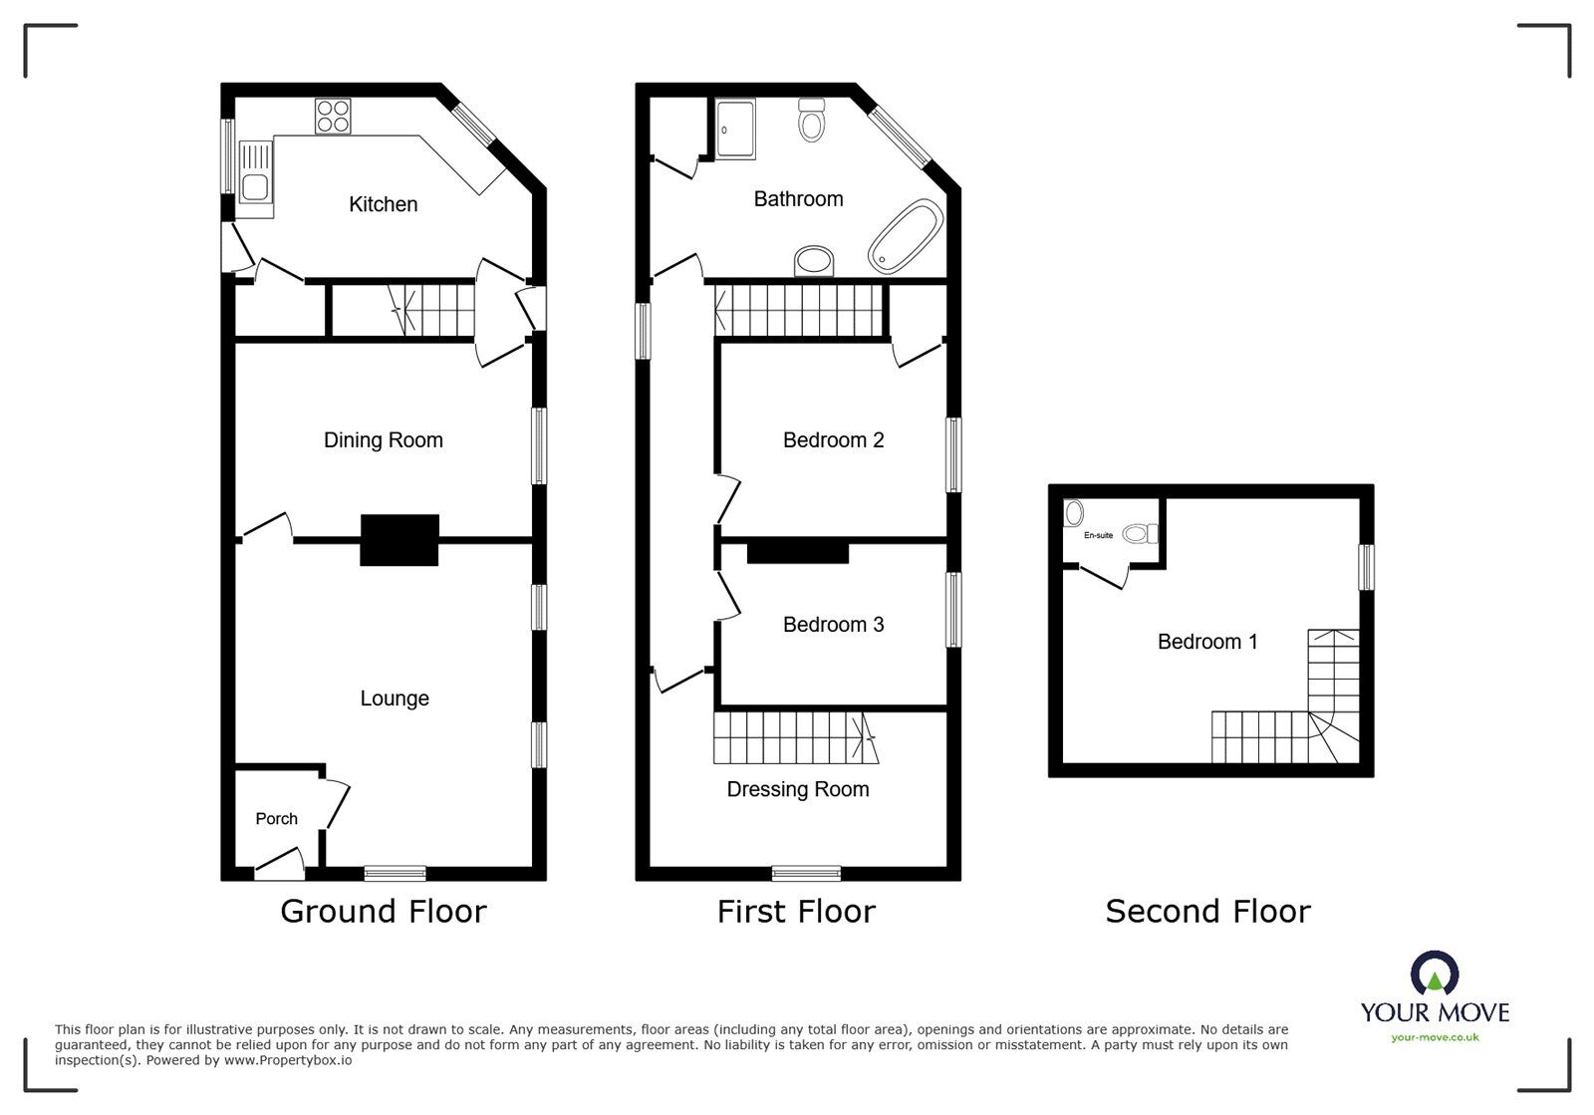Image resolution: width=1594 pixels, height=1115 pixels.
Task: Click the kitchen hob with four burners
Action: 333,117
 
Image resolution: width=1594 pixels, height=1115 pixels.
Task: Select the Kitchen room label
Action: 383,204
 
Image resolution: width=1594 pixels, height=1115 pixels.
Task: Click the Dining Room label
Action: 383,440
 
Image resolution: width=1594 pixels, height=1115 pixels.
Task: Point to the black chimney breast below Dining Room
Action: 398,540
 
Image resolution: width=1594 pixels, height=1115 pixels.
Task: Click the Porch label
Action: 276,819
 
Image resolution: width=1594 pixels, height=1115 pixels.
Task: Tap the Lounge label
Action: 395,698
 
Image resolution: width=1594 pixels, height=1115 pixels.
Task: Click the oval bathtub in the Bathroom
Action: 905,236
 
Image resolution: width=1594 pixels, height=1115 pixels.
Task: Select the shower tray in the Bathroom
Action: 735,129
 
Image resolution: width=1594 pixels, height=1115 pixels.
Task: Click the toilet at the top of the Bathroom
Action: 813,121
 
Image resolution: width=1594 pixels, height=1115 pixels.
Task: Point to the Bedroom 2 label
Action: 833,440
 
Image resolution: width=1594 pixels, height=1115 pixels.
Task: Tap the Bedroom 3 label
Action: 833,625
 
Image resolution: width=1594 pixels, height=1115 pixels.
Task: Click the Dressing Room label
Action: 797,789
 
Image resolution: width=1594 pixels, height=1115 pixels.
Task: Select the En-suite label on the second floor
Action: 1098,536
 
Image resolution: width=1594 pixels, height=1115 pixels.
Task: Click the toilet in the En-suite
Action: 1139,534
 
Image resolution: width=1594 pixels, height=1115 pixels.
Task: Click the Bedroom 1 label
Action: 1206,642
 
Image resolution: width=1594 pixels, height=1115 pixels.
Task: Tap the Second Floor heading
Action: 1207,911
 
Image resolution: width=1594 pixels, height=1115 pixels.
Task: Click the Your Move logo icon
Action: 1435,974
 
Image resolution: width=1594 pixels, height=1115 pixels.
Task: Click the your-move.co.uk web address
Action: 1435,1037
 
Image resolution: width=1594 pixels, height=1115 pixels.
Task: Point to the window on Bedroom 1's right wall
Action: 1367,566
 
